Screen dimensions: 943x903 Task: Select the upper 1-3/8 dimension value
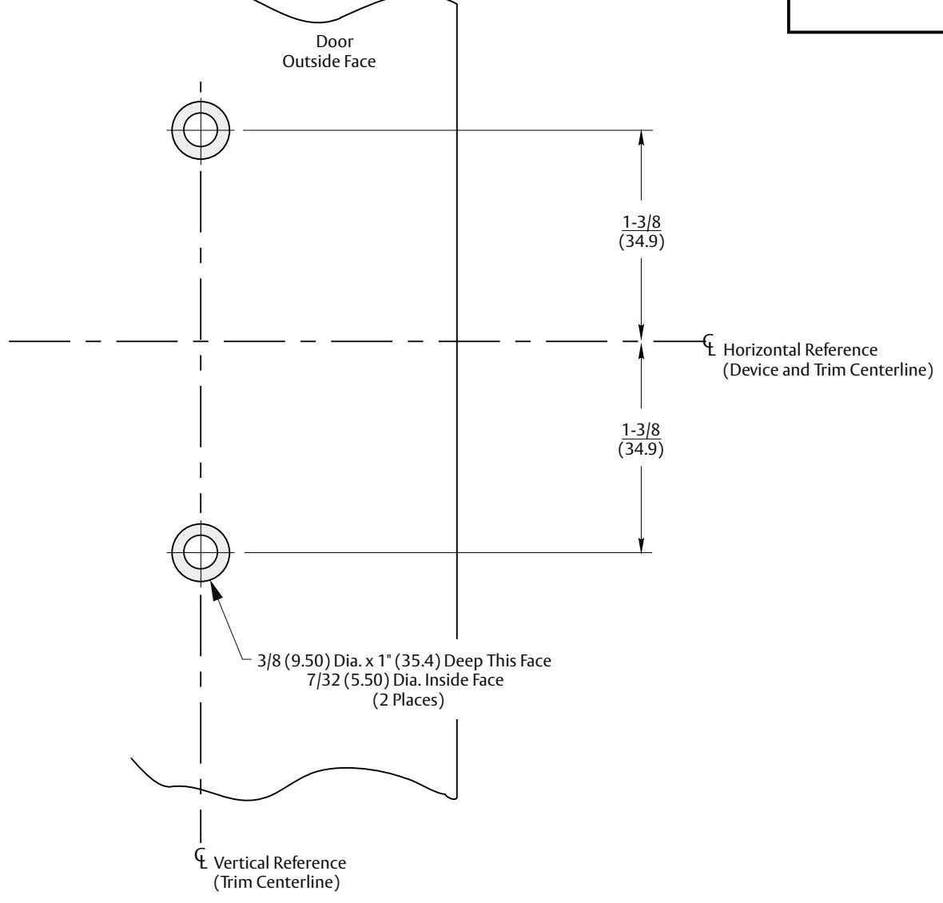pos(641,222)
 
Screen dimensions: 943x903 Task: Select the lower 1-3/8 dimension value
pos(640,430)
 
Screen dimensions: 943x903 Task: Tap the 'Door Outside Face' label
pos(329,51)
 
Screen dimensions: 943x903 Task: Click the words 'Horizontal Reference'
pos(800,350)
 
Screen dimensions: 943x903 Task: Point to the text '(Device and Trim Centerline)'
pos(828,370)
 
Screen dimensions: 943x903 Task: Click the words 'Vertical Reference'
pos(280,863)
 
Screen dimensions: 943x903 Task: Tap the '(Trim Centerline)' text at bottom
pos(277,882)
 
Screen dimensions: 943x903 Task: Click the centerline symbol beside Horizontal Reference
pos(710,344)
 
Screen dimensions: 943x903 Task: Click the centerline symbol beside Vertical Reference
pos(201,858)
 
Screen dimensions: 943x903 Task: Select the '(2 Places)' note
pos(408,700)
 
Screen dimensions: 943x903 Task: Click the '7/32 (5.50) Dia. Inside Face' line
pos(405,680)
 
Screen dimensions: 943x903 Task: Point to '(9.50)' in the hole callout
pos(308,661)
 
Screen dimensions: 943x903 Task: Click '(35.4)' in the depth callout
pos(418,661)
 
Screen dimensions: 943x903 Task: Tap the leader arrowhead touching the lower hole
pos(216,590)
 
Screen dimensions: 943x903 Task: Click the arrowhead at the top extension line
pos(641,137)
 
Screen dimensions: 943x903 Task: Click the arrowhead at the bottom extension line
pos(641,545)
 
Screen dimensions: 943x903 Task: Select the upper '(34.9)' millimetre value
pos(642,241)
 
